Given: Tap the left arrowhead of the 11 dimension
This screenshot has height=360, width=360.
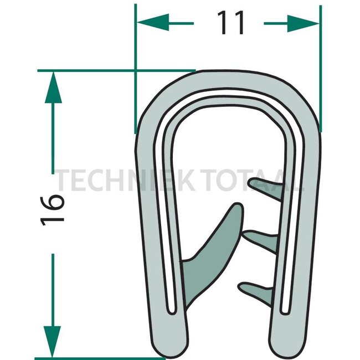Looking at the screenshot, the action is coord(153,23).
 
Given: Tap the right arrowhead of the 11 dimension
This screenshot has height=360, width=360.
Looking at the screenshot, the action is coord(303,23).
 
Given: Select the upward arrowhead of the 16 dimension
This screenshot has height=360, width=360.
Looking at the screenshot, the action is coord(53,87).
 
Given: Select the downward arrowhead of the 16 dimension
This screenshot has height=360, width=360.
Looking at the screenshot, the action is coord(53,342).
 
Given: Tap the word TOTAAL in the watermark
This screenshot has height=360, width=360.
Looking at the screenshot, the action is coord(253,180).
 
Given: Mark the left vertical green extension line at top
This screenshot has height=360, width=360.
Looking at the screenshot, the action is coord(136,69).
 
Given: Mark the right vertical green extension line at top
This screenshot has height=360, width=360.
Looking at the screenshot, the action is coord(321,69).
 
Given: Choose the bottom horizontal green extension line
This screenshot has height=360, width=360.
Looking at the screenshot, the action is coord(100,358).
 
